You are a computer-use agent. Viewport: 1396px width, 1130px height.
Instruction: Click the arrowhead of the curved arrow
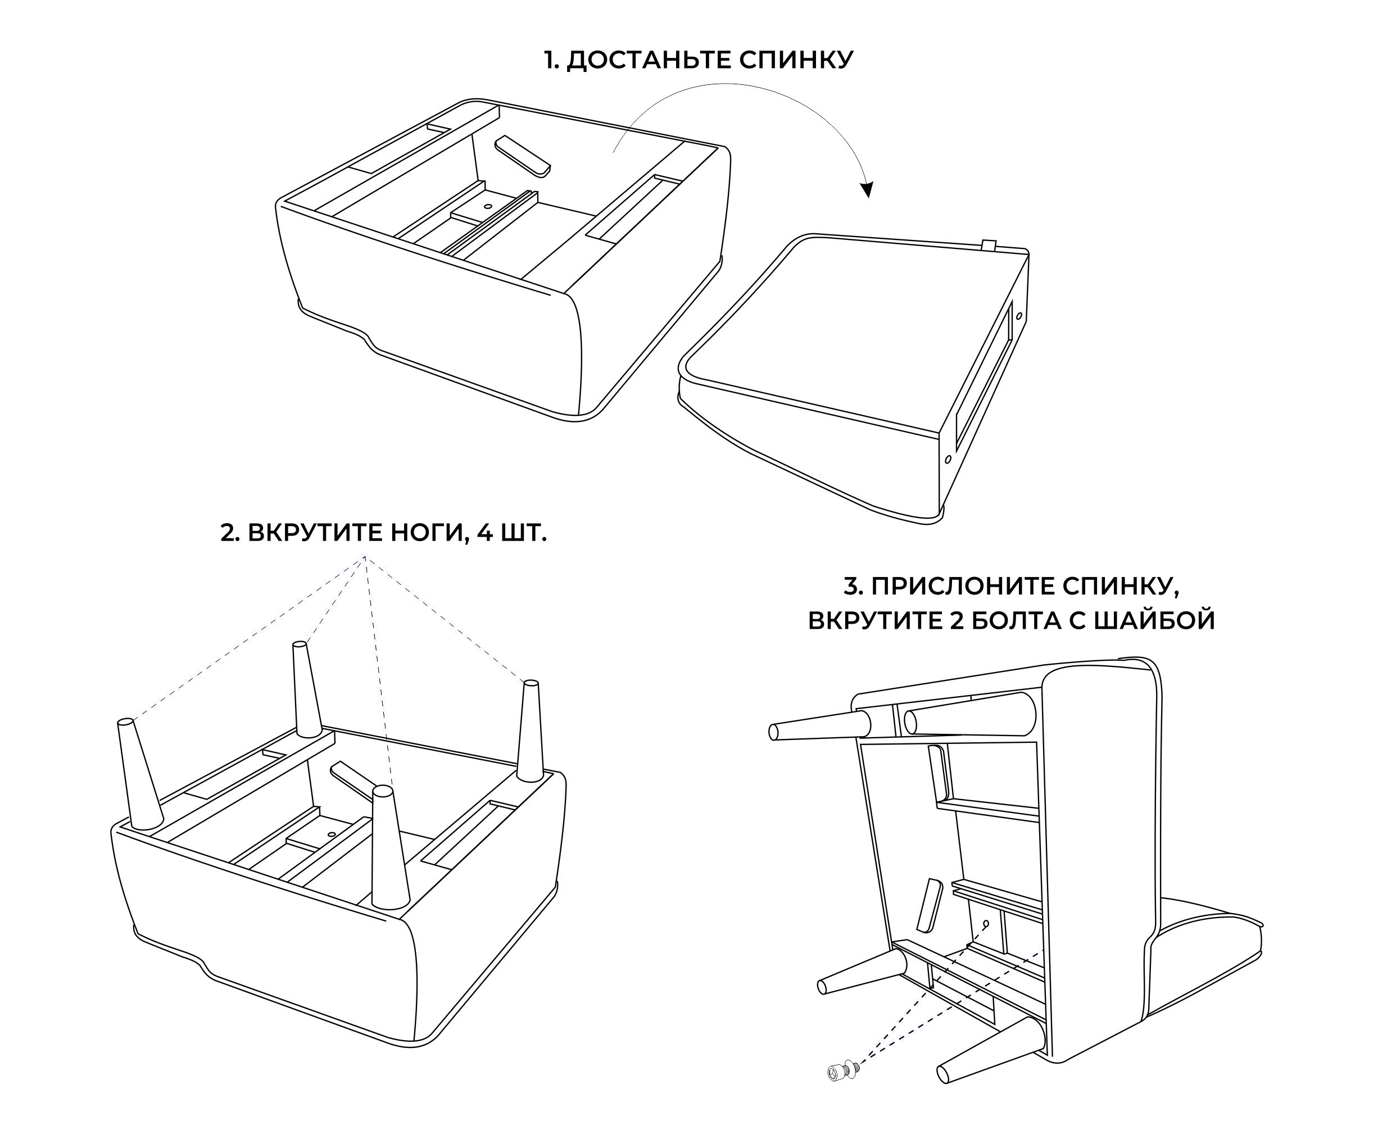pos(866,189)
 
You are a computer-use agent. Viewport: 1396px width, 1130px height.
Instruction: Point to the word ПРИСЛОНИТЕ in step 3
pos(959,587)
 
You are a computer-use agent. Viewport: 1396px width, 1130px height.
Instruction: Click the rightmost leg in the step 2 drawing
pos(530,731)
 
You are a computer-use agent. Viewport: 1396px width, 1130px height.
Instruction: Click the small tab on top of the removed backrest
pos(989,246)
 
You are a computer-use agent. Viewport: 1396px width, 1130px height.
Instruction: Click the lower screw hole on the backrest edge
pos(948,459)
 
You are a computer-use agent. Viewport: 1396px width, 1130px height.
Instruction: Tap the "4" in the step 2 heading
pos(484,533)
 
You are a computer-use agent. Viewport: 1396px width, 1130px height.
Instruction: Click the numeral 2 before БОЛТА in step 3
pos(956,620)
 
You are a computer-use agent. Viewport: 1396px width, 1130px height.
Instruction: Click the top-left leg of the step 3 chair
pos(821,726)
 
